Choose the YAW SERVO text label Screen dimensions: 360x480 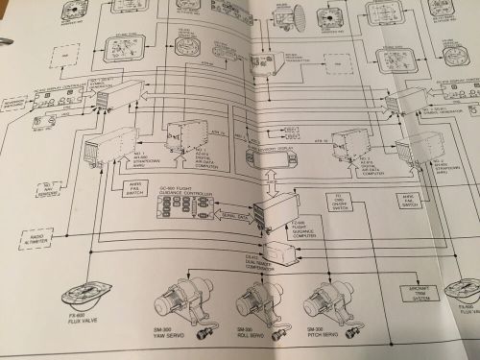168,331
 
